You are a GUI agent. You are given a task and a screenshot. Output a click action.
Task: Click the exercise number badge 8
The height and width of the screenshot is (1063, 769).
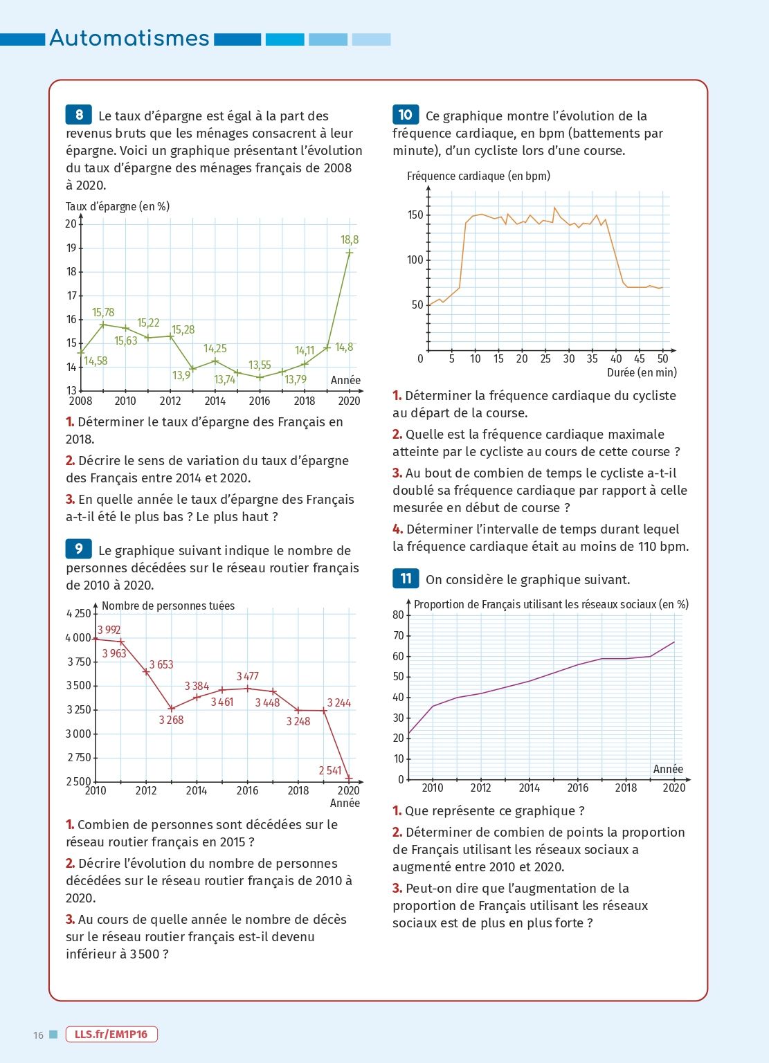click(79, 115)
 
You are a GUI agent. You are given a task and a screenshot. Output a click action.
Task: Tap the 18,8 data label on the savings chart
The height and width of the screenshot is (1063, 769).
click(350, 239)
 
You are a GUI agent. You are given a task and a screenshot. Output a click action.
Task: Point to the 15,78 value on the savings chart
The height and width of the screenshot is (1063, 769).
click(103, 313)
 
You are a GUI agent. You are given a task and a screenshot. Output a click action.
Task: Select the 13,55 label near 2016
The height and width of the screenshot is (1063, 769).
click(260, 365)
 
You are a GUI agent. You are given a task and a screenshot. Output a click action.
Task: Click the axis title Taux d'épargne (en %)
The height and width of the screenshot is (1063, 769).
click(118, 206)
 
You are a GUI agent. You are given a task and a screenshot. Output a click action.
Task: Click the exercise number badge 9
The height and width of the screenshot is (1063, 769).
click(79, 549)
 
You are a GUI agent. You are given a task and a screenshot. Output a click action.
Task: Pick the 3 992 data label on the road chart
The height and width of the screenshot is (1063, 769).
click(109, 630)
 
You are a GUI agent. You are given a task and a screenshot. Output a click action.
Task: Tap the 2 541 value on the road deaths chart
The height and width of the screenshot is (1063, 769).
click(330, 770)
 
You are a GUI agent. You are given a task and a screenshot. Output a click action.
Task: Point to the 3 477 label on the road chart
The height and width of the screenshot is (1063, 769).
click(248, 676)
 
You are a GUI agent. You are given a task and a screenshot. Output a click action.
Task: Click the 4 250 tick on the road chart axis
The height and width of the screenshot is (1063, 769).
click(78, 614)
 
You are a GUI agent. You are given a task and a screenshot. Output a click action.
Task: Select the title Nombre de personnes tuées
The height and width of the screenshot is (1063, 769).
click(168, 606)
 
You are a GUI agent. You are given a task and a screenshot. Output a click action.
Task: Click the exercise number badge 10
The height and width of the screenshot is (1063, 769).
click(406, 115)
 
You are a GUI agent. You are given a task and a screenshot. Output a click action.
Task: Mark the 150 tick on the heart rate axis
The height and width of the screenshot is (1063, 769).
click(415, 215)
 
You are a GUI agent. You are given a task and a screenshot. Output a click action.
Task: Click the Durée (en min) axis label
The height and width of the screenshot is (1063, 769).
click(642, 372)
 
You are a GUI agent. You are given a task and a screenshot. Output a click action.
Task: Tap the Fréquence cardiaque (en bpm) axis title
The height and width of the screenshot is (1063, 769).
click(478, 176)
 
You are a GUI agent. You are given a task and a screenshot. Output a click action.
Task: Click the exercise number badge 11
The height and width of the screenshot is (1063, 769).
click(406, 579)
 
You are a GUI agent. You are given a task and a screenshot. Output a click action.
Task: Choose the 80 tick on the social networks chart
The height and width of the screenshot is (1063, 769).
click(398, 615)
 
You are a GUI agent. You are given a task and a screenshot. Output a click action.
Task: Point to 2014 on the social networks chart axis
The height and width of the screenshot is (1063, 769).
click(530, 788)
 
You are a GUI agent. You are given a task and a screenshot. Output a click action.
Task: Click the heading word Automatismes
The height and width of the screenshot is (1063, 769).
click(129, 38)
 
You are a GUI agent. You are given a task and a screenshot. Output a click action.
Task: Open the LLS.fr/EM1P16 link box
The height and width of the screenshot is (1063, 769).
click(111, 1034)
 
